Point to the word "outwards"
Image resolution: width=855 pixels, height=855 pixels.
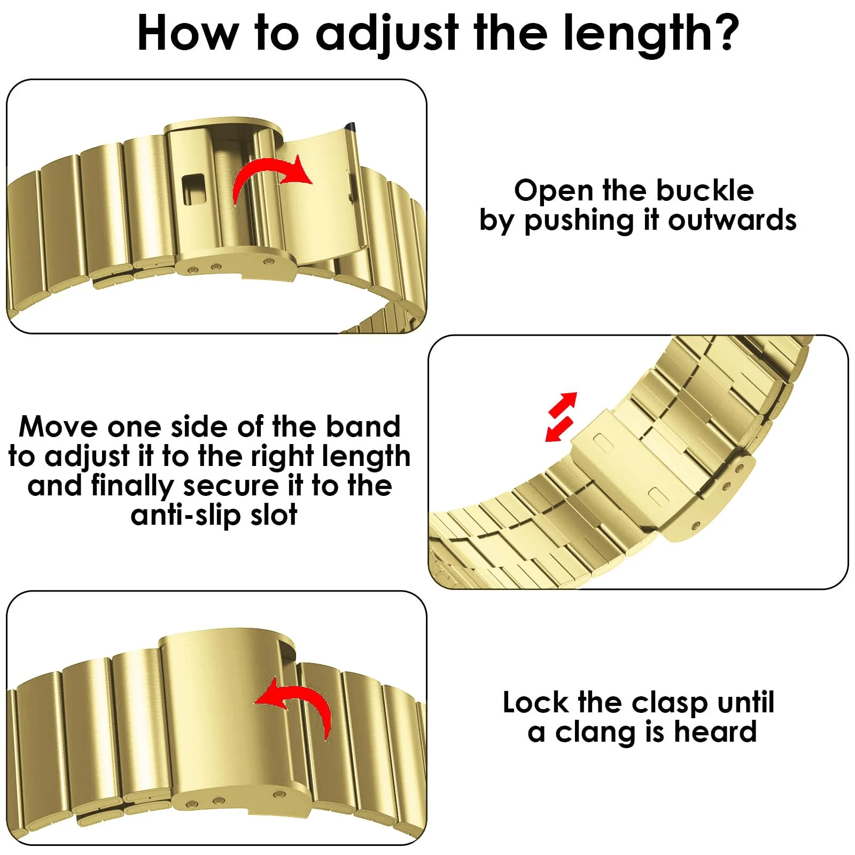tap(732, 220)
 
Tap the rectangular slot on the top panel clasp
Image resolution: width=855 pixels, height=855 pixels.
tap(193, 189)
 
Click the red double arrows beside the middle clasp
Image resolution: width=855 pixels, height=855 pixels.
tap(562, 417)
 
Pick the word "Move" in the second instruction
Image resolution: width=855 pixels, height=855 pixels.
tap(58, 426)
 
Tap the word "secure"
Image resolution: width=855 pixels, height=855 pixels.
tap(231, 486)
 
